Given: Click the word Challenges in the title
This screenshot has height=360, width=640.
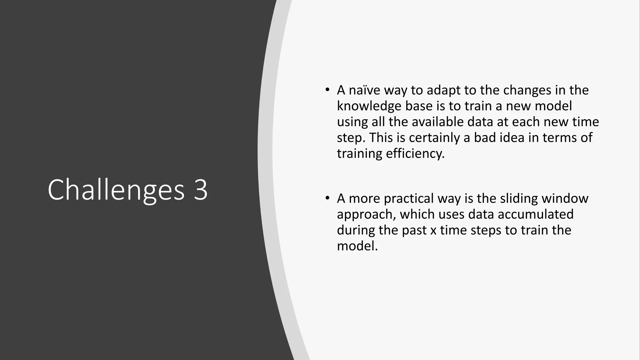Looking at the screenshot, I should pyautogui.click(x=116, y=190).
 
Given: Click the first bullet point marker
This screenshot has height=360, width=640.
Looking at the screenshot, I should pyautogui.click(x=327, y=90).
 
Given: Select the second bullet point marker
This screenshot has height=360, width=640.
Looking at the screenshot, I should pyautogui.click(x=327, y=198).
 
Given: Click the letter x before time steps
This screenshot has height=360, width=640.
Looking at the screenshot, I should pyautogui.click(x=433, y=231).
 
